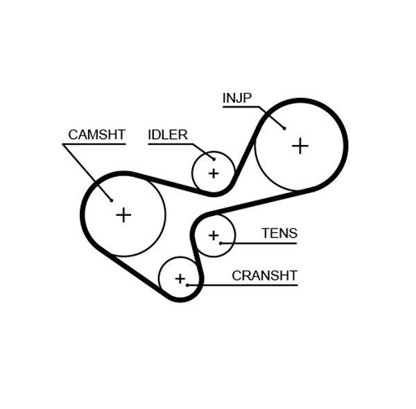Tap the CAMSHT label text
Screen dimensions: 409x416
tap(96, 135)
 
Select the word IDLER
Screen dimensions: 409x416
tap(168, 135)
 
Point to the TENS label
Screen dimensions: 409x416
tap(279, 233)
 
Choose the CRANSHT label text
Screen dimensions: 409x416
tap(264, 276)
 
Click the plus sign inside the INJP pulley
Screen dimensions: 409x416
tap(300, 146)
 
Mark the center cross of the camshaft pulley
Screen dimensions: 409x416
tap(123, 215)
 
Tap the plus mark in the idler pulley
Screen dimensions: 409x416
tap(213, 173)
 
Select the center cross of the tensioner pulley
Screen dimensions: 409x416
tap(213, 235)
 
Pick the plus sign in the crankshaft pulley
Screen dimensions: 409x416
tap(180, 278)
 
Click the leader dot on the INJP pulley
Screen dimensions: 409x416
tap(284, 128)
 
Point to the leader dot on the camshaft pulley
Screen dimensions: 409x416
tap(111, 200)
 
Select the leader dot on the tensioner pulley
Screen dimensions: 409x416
tap(220, 243)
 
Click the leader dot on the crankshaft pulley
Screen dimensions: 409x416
tap(187, 285)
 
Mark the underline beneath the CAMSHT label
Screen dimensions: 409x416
tap(94, 144)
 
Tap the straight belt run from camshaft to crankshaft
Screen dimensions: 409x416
tap(132, 274)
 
